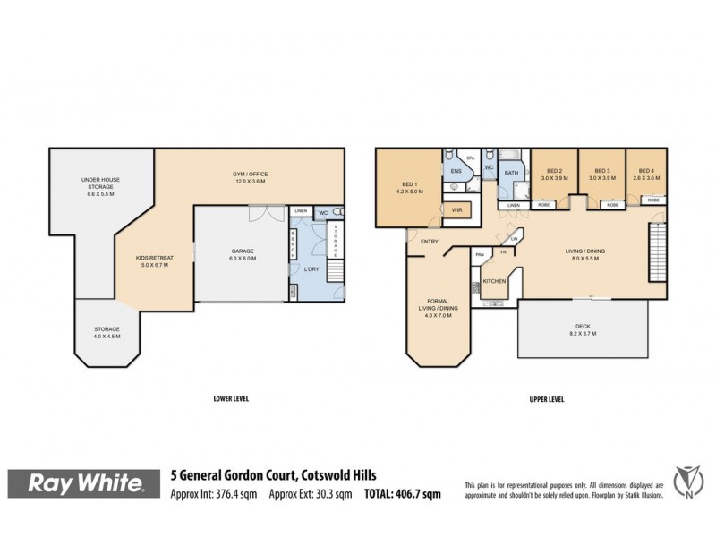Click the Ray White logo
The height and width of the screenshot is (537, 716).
(87, 484)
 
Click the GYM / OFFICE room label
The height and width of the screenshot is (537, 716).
(251, 177)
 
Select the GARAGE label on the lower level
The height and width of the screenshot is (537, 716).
(242, 254)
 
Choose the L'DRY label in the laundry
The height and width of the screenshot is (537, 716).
(314, 269)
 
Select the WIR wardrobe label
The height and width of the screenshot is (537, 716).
(456, 210)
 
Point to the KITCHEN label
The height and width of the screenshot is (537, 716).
(494, 281)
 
